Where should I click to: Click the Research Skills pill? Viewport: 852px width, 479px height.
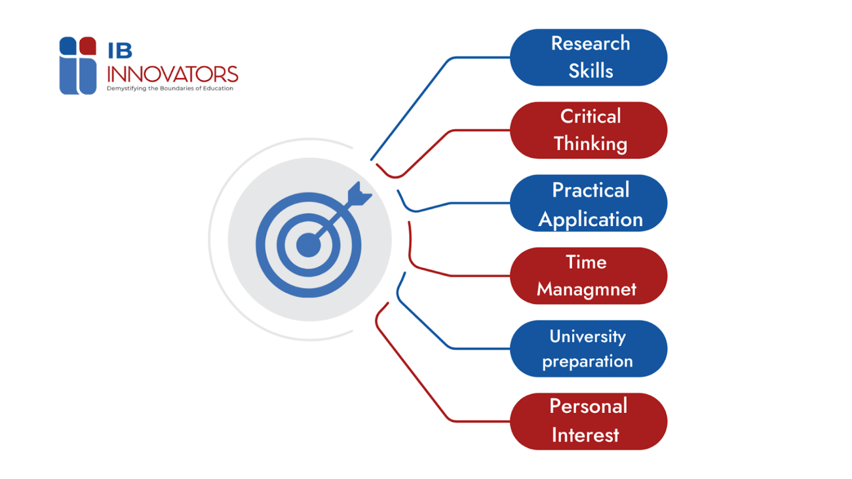(x=589, y=57)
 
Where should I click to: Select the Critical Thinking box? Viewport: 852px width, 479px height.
(x=589, y=130)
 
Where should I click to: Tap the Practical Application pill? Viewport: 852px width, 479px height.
(x=589, y=203)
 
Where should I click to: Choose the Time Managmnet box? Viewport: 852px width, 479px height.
(x=589, y=276)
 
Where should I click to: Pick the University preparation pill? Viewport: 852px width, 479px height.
(x=589, y=349)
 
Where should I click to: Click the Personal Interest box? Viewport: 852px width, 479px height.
(x=589, y=421)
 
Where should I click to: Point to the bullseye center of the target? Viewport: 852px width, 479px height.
(x=308, y=245)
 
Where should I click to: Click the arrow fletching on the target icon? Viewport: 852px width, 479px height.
(x=359, y=195)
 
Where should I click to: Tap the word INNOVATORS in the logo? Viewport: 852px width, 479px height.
(x=173, y=74)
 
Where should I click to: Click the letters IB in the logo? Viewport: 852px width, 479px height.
(x=120, y=51)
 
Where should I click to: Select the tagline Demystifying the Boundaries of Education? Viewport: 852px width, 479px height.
(x=170, y=88)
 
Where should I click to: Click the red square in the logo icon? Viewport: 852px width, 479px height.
(x=88, y=45)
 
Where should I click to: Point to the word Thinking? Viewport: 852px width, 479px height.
(x=590, y=144)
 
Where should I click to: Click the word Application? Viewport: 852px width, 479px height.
(x=590, y=220)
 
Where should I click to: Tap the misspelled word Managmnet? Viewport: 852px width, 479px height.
(x=586, y=289)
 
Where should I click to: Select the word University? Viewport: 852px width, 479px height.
(x=587, y=336)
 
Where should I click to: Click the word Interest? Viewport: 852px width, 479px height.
(x=585, y=435)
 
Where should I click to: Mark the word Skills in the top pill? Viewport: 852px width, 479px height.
(x=591, y=71)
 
